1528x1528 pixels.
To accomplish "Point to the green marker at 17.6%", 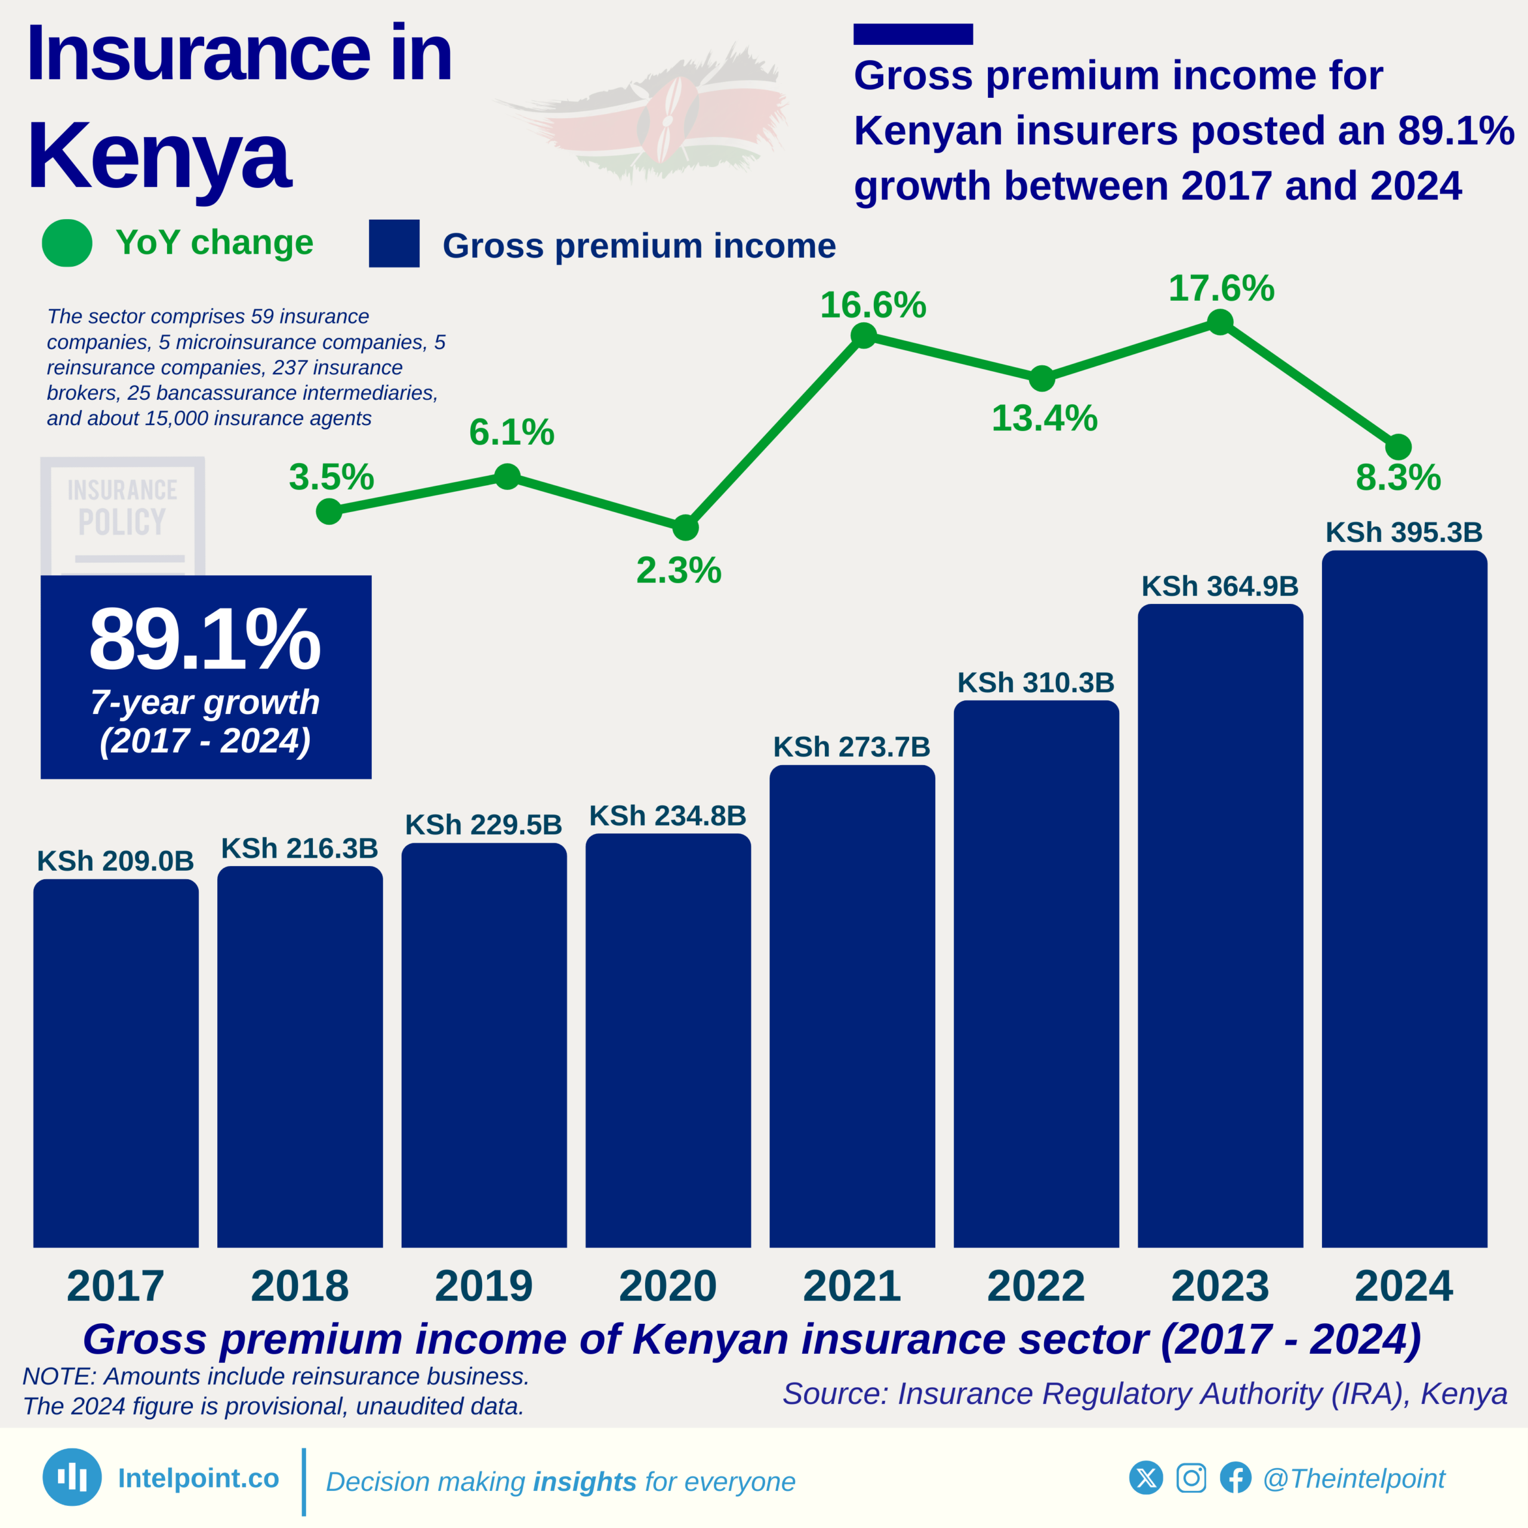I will [1221, 322].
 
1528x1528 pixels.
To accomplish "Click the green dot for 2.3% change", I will [685, 526].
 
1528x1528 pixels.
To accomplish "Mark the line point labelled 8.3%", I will [1398, 447].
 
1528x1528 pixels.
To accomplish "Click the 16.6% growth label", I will [873, 305].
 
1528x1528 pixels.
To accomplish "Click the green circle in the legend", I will [67, 243].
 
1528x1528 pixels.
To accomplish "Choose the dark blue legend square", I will [394, 244].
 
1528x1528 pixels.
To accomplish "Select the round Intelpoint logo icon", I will [72, 1477].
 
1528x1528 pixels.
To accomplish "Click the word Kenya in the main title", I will [159, 155].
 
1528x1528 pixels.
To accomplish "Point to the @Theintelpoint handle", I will [1353, 1478].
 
